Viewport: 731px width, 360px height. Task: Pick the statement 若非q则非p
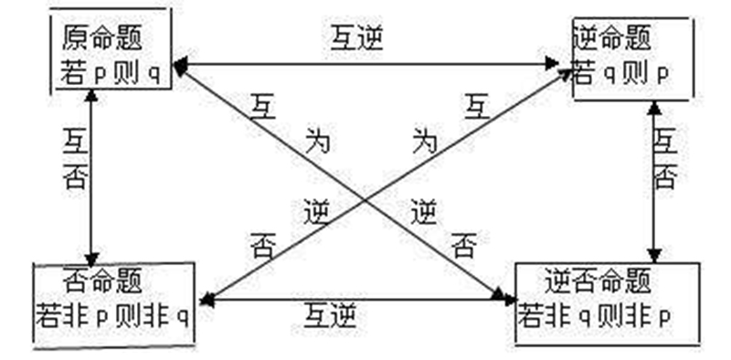pos(595,316)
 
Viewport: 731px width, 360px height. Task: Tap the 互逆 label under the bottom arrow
pos(330,317)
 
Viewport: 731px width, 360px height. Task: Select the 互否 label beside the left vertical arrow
pos(75,158)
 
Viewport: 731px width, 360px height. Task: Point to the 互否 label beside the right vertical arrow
pos(665,158)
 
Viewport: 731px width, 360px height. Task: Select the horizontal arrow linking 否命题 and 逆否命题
pos(356,298)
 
